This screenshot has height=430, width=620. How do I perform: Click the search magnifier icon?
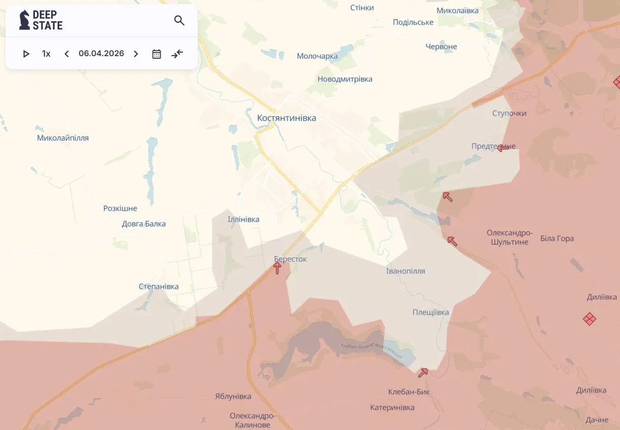pos(179,20)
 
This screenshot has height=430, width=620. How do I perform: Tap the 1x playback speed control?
pos(46,54)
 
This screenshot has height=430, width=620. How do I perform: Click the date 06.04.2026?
pos(101,54)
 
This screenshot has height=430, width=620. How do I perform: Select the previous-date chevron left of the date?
pos(66,54)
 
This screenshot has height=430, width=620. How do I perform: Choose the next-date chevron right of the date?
pos(136,54)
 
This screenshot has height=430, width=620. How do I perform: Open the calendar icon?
pos(157,54)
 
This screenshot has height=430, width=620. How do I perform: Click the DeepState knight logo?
pos(24,20)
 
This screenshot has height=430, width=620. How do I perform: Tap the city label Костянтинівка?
pos(286,118)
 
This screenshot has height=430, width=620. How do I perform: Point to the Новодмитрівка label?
pos(345,79)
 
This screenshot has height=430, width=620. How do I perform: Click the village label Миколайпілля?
pos(63,138)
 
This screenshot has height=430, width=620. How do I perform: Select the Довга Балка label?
pos(144,224)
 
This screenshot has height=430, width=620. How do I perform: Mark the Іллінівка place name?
pos(243,219)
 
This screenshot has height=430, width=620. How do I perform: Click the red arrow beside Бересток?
pos(277,268)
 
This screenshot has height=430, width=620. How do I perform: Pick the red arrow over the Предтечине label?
pos(503,148)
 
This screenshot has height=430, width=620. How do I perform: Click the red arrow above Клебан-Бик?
pos(423,373)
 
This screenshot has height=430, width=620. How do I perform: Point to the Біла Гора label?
pos(557,238)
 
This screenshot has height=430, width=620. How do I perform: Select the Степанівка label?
pos(158,286)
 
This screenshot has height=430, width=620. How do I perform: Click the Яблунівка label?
pos(233,396)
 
